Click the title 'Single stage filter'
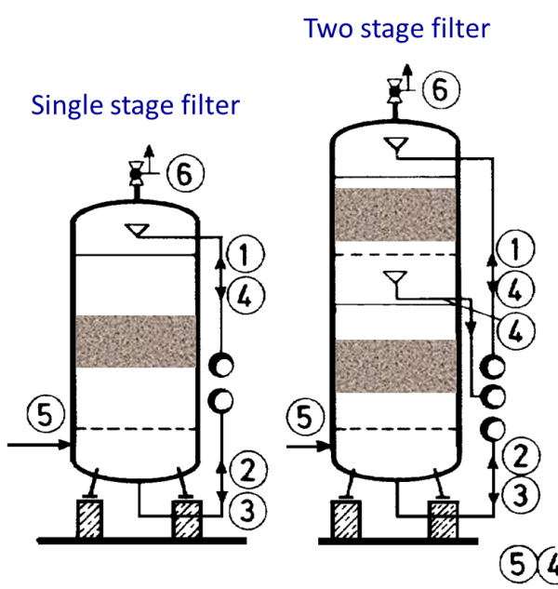click(x=135, y=104)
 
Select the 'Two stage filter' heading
click(x=396, y=29)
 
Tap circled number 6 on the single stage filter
click(x=185, y=173)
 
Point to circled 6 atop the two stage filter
click(x=440, y=89)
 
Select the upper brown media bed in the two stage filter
click(x=395, y=214)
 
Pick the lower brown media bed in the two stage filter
click(x=395, y=365)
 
